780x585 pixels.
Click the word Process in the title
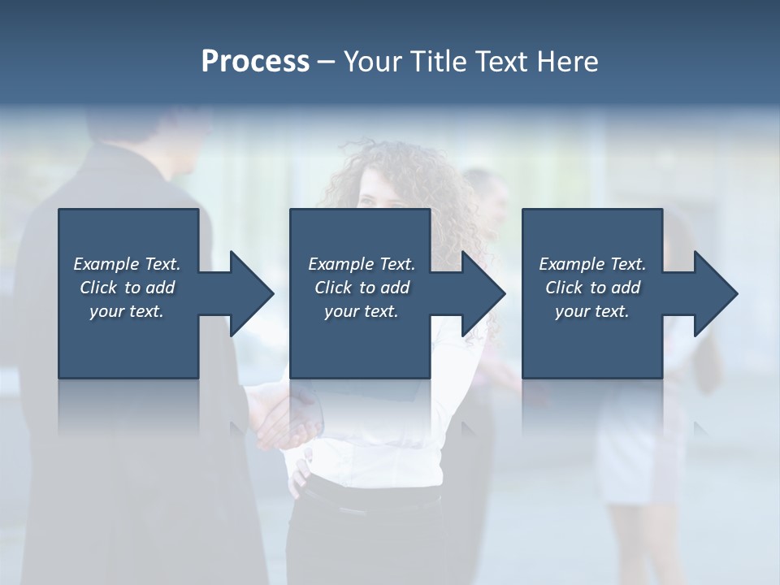[255, 62]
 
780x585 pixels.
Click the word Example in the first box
[106, 264]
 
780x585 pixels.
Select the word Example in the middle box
[340, 264]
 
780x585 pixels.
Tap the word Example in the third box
[571, 264]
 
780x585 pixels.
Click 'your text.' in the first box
[127, 311]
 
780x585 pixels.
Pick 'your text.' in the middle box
[362, 311]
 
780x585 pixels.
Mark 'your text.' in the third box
[592, 311]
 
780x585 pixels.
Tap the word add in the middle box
[394, 288]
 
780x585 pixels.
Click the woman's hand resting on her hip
[299, 475]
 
